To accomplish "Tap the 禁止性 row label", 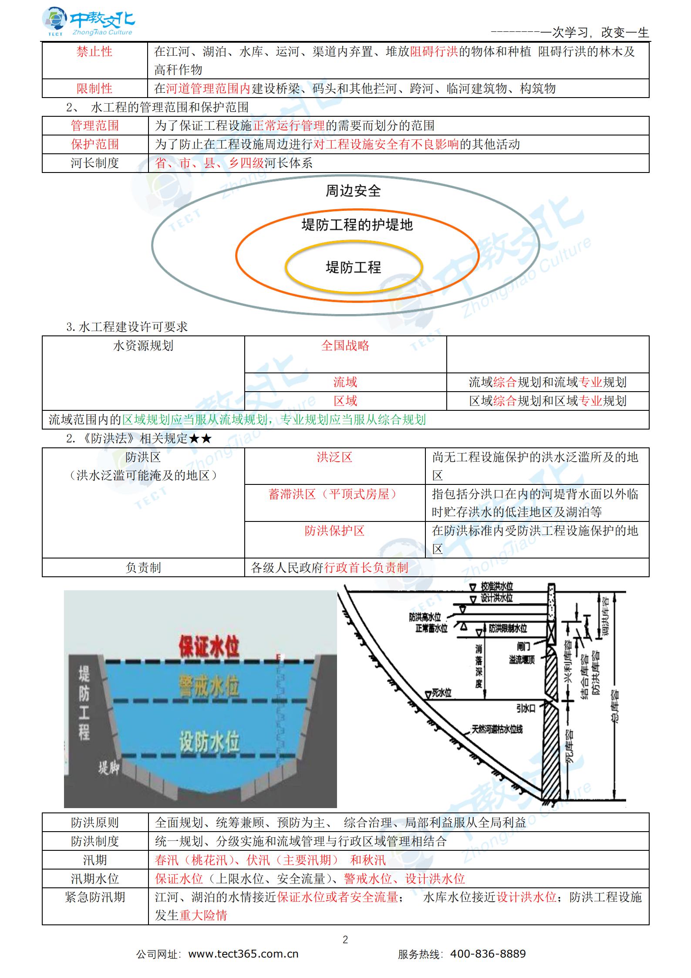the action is point(94,52).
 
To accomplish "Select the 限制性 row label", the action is point(94,89).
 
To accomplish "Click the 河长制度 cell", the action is point(94,163).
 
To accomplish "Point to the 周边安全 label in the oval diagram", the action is point(353,191).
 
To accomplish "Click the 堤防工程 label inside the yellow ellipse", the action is point(353,267).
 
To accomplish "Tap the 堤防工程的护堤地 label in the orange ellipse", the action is point(357,225).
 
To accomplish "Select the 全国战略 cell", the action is point(345,346).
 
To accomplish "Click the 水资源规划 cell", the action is point(143,346).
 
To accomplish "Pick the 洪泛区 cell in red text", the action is point(334,457).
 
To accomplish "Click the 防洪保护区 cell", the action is point(334,531).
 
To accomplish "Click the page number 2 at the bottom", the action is point(345,940).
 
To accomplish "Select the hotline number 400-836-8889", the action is point(488,954).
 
